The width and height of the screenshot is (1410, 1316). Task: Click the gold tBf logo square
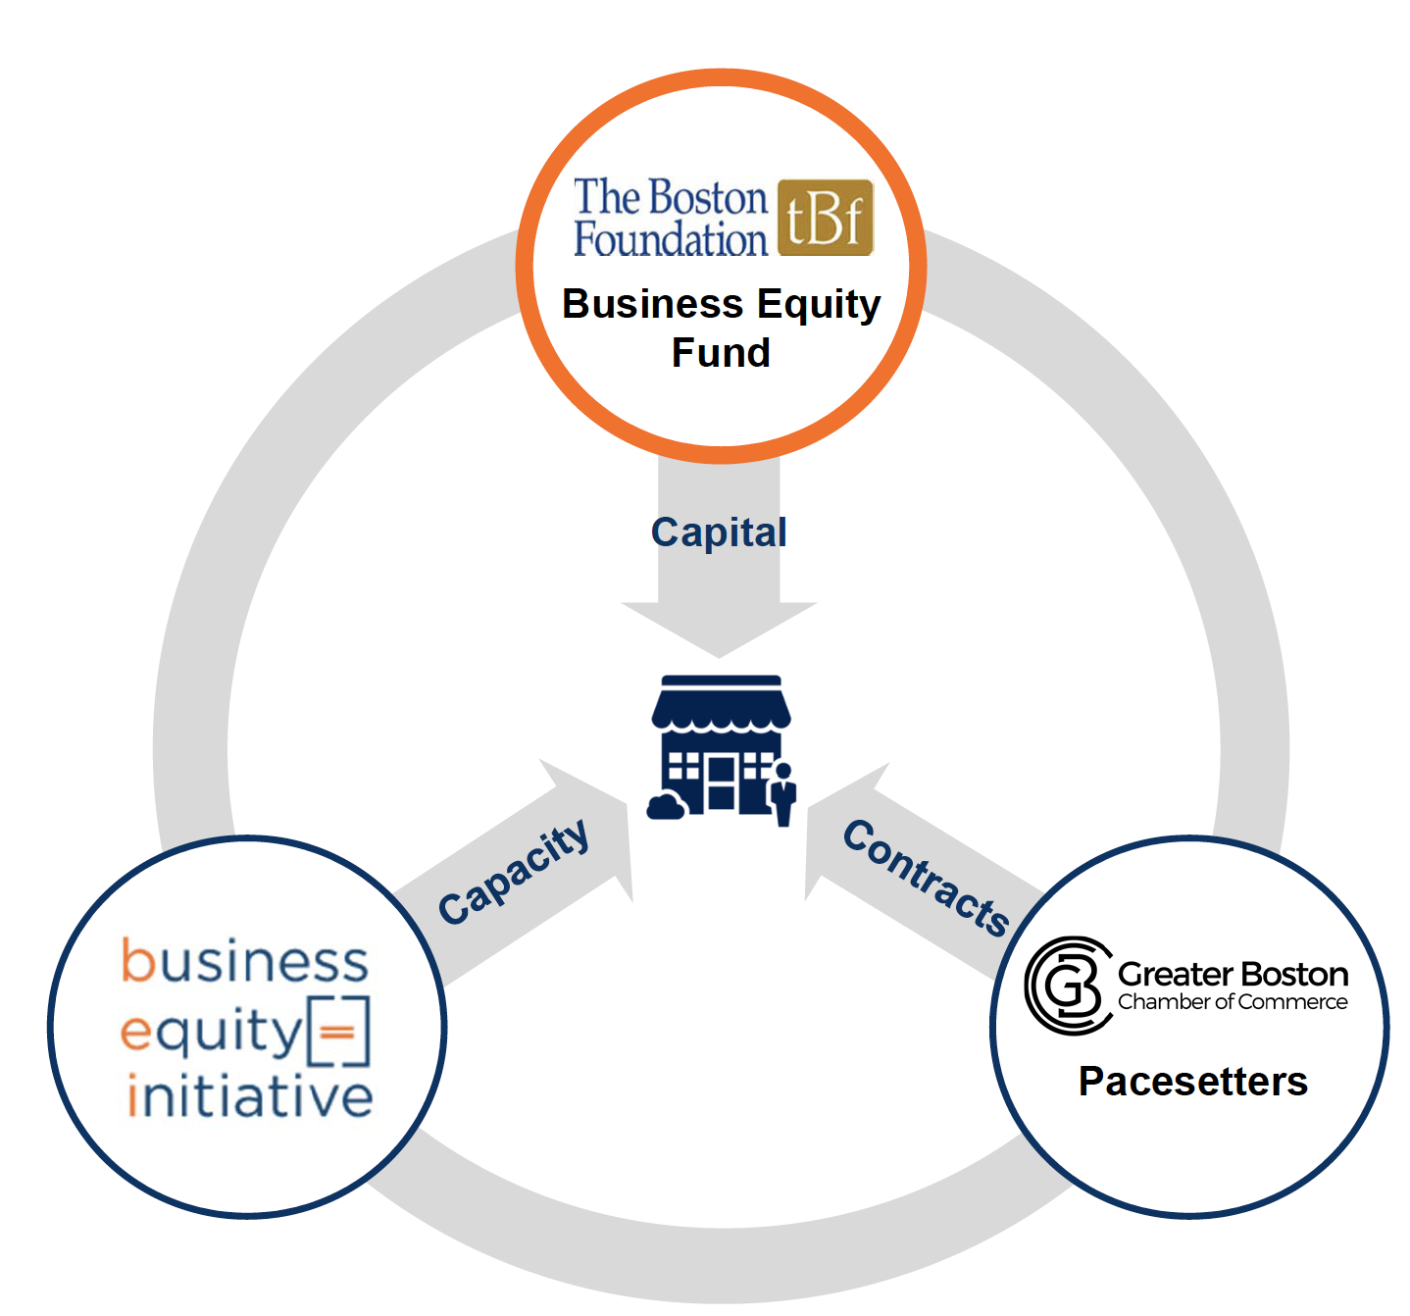(x=825, y=218)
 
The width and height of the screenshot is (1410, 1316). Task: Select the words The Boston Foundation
(x=670, y=218)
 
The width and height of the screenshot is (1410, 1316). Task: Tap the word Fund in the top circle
(x=721, y=353)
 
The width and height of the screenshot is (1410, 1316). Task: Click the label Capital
(x=719, y=532)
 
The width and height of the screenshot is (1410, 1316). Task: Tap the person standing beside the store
(x=782, y=794)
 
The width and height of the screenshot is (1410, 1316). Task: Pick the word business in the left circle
(x=245, y=962)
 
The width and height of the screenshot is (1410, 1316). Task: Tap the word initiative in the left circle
(x=250, y=1096)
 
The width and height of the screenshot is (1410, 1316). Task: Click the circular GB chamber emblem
(x=1068, y=986)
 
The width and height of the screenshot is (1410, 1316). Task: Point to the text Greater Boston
(x=1233, y=974)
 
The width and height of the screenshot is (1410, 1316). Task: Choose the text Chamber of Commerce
(x=1233, y=1002)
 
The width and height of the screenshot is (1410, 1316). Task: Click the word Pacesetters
(x=1192, y=1082)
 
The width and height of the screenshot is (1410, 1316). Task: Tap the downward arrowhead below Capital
(x=719, y=629)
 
